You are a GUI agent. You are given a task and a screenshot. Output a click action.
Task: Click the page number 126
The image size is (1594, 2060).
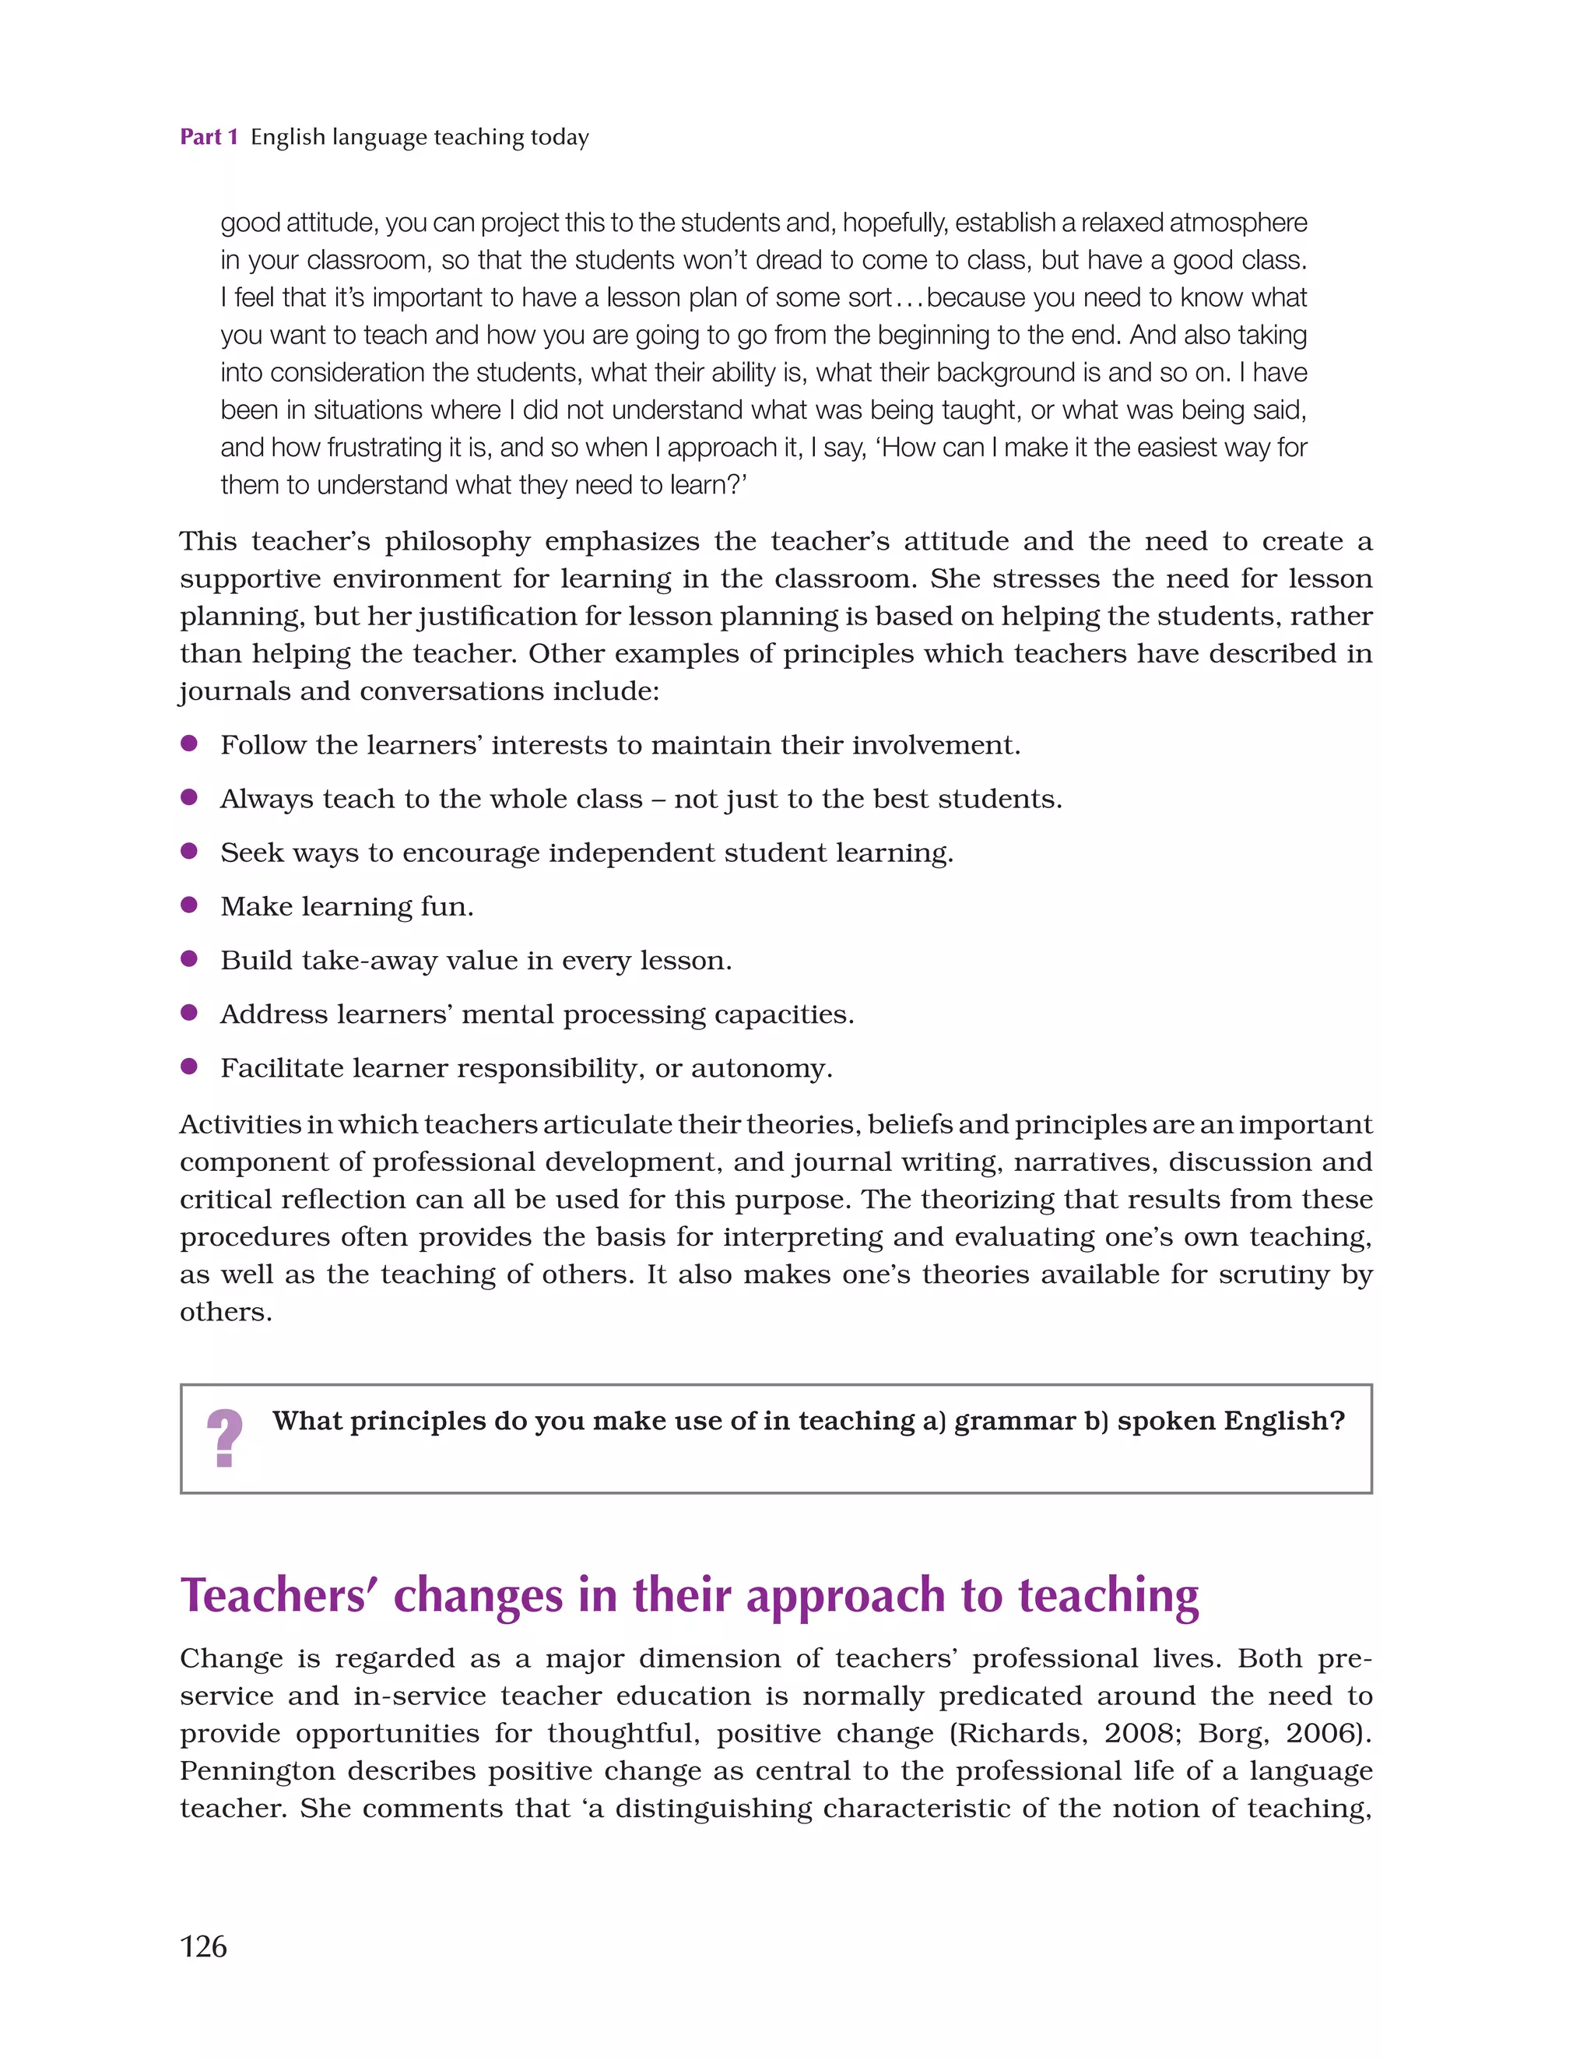tap(203, 1946)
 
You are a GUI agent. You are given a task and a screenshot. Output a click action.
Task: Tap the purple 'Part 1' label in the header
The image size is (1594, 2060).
tap(209, 138)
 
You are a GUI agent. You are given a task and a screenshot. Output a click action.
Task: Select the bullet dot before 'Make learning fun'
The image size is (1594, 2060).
tap(188, 905)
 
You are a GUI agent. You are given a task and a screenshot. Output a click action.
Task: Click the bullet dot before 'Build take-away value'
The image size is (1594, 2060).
tap(188, 959)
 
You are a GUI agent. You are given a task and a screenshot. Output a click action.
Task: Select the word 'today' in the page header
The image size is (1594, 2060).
tap(560, 138)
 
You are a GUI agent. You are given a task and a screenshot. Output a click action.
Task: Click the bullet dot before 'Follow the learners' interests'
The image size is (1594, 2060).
tap(188, 743)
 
